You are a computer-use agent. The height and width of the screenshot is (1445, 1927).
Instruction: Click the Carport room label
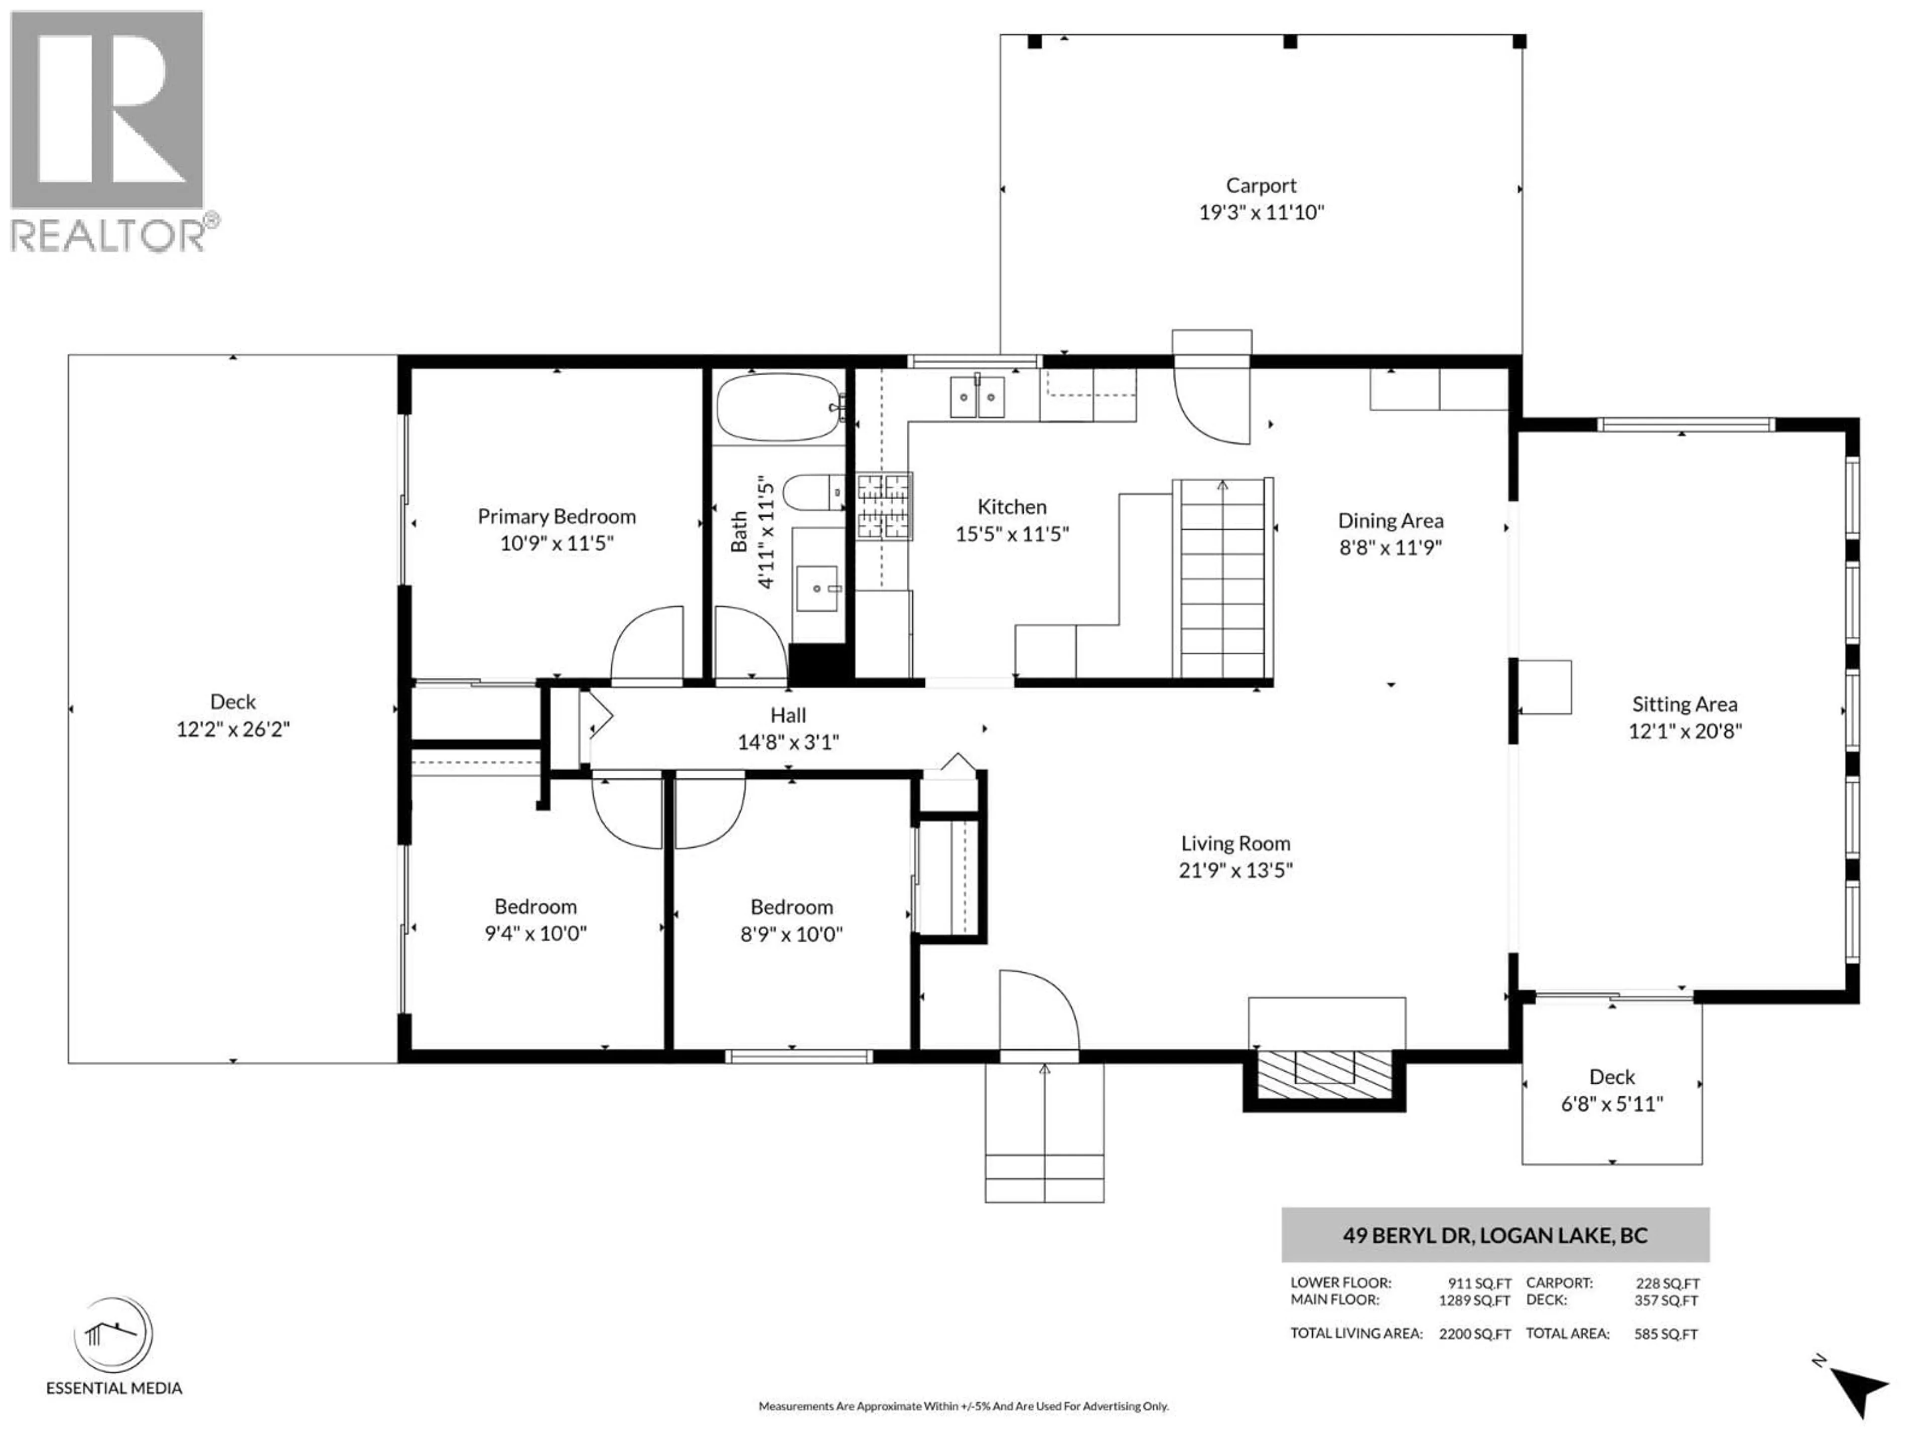coord(1261,186)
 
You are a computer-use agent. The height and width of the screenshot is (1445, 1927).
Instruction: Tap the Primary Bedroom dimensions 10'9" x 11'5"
coord(557,543)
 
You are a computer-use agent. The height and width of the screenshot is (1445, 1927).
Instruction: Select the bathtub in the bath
coord(778,407)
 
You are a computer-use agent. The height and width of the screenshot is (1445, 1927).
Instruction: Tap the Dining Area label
coord(1391,521)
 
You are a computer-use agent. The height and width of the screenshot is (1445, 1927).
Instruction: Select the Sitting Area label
coord(1684,704)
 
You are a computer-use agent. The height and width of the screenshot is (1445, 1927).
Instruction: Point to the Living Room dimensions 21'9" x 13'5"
coord(1235,870)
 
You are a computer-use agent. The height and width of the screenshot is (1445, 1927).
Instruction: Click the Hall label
coord(787,715)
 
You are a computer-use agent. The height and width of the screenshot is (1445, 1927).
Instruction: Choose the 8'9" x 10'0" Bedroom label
coord(791,907)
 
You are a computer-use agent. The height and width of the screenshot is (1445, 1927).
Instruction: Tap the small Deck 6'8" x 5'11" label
coord(1612,1077)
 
